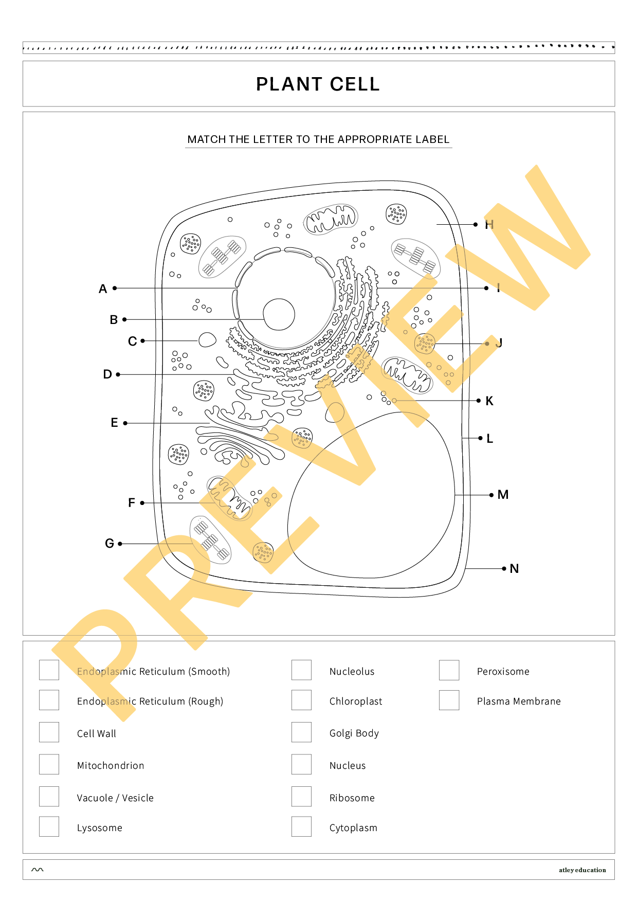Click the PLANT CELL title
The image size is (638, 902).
(318, 84)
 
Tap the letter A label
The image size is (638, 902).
(103, 289)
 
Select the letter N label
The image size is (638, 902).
(514, 569)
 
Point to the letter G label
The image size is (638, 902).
(109, 544)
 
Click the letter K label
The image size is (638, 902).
(489, 401)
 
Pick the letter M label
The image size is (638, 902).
(503, 495)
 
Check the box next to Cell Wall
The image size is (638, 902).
(49, 732)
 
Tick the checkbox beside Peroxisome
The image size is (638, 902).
(449, 671)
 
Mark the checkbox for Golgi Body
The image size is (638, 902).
(301, 732)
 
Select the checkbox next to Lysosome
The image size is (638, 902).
(49, 827)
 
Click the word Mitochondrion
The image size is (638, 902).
(111, 766)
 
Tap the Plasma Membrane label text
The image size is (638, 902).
(519, 701)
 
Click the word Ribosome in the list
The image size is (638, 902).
(352, 798)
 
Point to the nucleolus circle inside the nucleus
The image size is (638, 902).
(279, 314)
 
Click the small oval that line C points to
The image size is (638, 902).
(207, 340)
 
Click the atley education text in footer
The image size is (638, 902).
(582, 870)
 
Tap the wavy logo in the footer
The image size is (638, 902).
(38, 870)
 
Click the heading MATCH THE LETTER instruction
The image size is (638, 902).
(318, 139)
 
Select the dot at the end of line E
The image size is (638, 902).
(125, 423)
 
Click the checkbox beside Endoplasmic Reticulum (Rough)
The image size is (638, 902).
(49, 700)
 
